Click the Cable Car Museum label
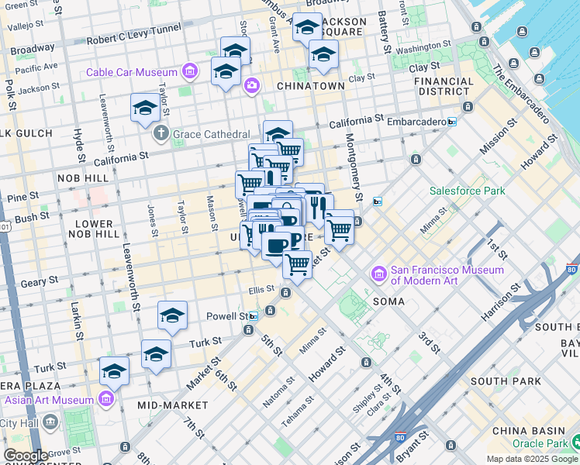[x=132, y=73]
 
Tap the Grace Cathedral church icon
[x=161, y=133]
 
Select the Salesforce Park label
[x=468, y=191]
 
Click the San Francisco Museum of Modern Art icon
[x=379, y=274]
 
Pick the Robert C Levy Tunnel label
[x=133, y=40]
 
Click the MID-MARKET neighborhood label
[x=173, y=405]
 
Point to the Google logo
[x=26, y=456]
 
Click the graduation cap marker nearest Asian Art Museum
[x=114, y=371]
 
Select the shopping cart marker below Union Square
[x=297, y=264]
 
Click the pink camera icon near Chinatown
[x=251, y=85]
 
